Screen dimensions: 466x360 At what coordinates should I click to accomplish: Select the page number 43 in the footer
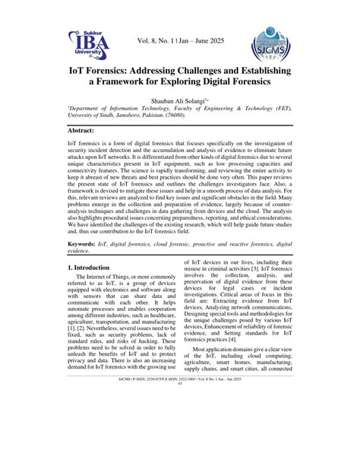180,445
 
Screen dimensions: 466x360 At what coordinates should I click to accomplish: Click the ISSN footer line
180,441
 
